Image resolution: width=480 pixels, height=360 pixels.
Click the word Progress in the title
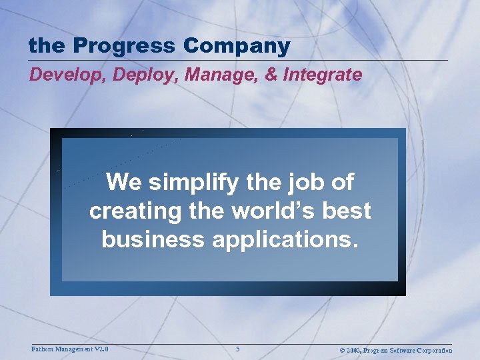(125, 47)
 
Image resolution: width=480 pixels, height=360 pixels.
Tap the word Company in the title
(237, 47)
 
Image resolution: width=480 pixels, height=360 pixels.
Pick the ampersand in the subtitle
(269, 74)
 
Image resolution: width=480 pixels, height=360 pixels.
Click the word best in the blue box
(349, 211)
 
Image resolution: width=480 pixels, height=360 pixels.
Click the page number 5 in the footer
(238, 349)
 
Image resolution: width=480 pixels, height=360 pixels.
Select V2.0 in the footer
(101, 349)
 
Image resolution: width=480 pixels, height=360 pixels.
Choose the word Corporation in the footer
(433, 350)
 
